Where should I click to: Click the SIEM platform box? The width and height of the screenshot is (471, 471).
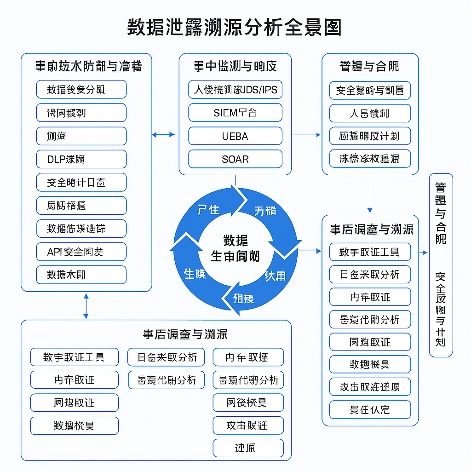(x=235, y=113)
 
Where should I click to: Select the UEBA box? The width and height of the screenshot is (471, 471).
(x=235, y=136)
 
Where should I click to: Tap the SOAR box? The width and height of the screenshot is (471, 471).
(x=235, y=159)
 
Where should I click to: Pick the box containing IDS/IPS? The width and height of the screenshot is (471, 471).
(x=235, y=89)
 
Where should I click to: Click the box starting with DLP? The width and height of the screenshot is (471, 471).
(x=81, y=159)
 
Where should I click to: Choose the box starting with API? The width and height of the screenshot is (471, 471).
(x=81, y=252)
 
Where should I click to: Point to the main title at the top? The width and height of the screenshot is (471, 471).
(x=235, y=28)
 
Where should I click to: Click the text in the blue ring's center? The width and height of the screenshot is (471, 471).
(x=235, y=248)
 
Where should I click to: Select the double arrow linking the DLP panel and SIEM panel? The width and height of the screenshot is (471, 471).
(x=163, y=134)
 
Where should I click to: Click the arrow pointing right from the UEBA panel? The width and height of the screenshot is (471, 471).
(x=306, y=135)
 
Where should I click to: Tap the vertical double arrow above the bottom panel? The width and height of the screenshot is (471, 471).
(x=86, y=306)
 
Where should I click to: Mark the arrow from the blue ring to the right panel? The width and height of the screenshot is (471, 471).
(x=311, y=251)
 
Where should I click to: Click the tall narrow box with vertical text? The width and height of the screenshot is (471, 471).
(x=441, y=265)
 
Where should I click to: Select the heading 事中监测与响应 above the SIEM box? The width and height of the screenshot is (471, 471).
(x=235, y=66)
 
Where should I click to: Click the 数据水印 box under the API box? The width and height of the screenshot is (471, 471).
(x=81, y=275)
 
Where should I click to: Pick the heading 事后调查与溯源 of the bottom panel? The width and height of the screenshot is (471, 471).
(x=185, y=334)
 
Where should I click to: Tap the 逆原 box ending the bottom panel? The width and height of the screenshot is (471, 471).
(x=248, y=448)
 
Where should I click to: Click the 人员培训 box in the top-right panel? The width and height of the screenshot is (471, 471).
(x=370, y=113)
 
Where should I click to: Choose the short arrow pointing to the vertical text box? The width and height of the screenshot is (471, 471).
(x=424, y=253)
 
